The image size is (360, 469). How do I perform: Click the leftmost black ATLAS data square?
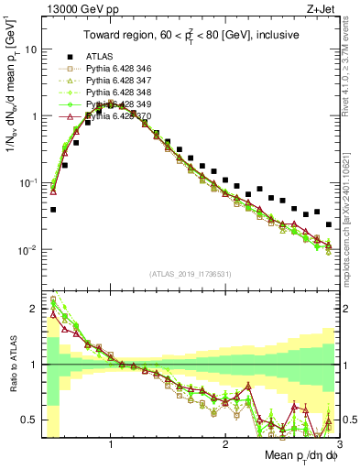coord(53,210)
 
